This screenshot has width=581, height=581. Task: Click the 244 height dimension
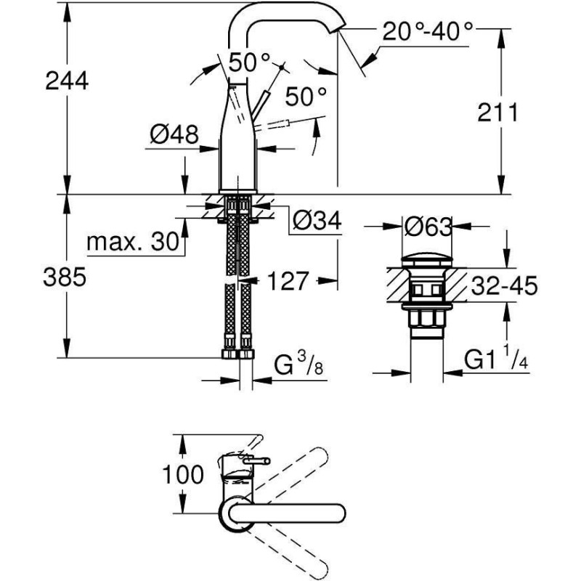(66, 81)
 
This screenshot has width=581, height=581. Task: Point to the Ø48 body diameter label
(174, 135)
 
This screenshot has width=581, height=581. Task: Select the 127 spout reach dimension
(288, 281)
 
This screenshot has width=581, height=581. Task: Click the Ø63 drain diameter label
(428, 227)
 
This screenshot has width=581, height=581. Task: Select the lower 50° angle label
(305, 96)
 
